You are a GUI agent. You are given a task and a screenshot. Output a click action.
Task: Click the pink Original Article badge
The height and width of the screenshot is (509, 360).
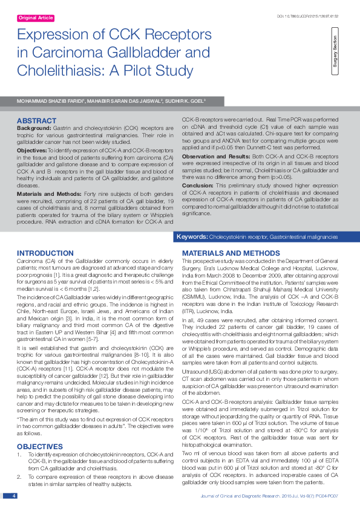(x=36, y=19)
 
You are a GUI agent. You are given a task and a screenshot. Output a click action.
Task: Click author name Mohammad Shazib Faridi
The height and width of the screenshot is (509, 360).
(x=44, y=101)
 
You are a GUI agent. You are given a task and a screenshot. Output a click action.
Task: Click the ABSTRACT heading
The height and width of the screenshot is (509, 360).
(x=37, y=121)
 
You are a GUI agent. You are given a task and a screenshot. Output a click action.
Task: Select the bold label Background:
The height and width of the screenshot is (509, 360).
(x=34, y=129)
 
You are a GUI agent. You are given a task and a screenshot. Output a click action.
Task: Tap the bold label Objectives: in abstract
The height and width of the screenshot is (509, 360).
(x=31, y=149)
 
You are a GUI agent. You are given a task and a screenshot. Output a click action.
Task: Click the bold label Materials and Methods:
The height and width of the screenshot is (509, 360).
(x=51, y=177)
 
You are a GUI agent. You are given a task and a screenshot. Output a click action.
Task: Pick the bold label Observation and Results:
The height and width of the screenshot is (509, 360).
(x=215, y=156)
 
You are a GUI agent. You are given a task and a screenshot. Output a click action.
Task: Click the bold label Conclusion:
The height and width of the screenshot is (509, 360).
(x=198, y=186)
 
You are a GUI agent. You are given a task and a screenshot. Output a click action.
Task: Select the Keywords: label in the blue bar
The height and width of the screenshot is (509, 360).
(x=192, y=238)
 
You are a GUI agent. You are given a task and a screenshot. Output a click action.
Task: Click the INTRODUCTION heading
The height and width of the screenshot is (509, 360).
(x=45, y=253)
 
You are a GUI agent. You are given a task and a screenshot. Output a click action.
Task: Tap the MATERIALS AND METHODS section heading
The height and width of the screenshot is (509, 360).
(x=223, y=253)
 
